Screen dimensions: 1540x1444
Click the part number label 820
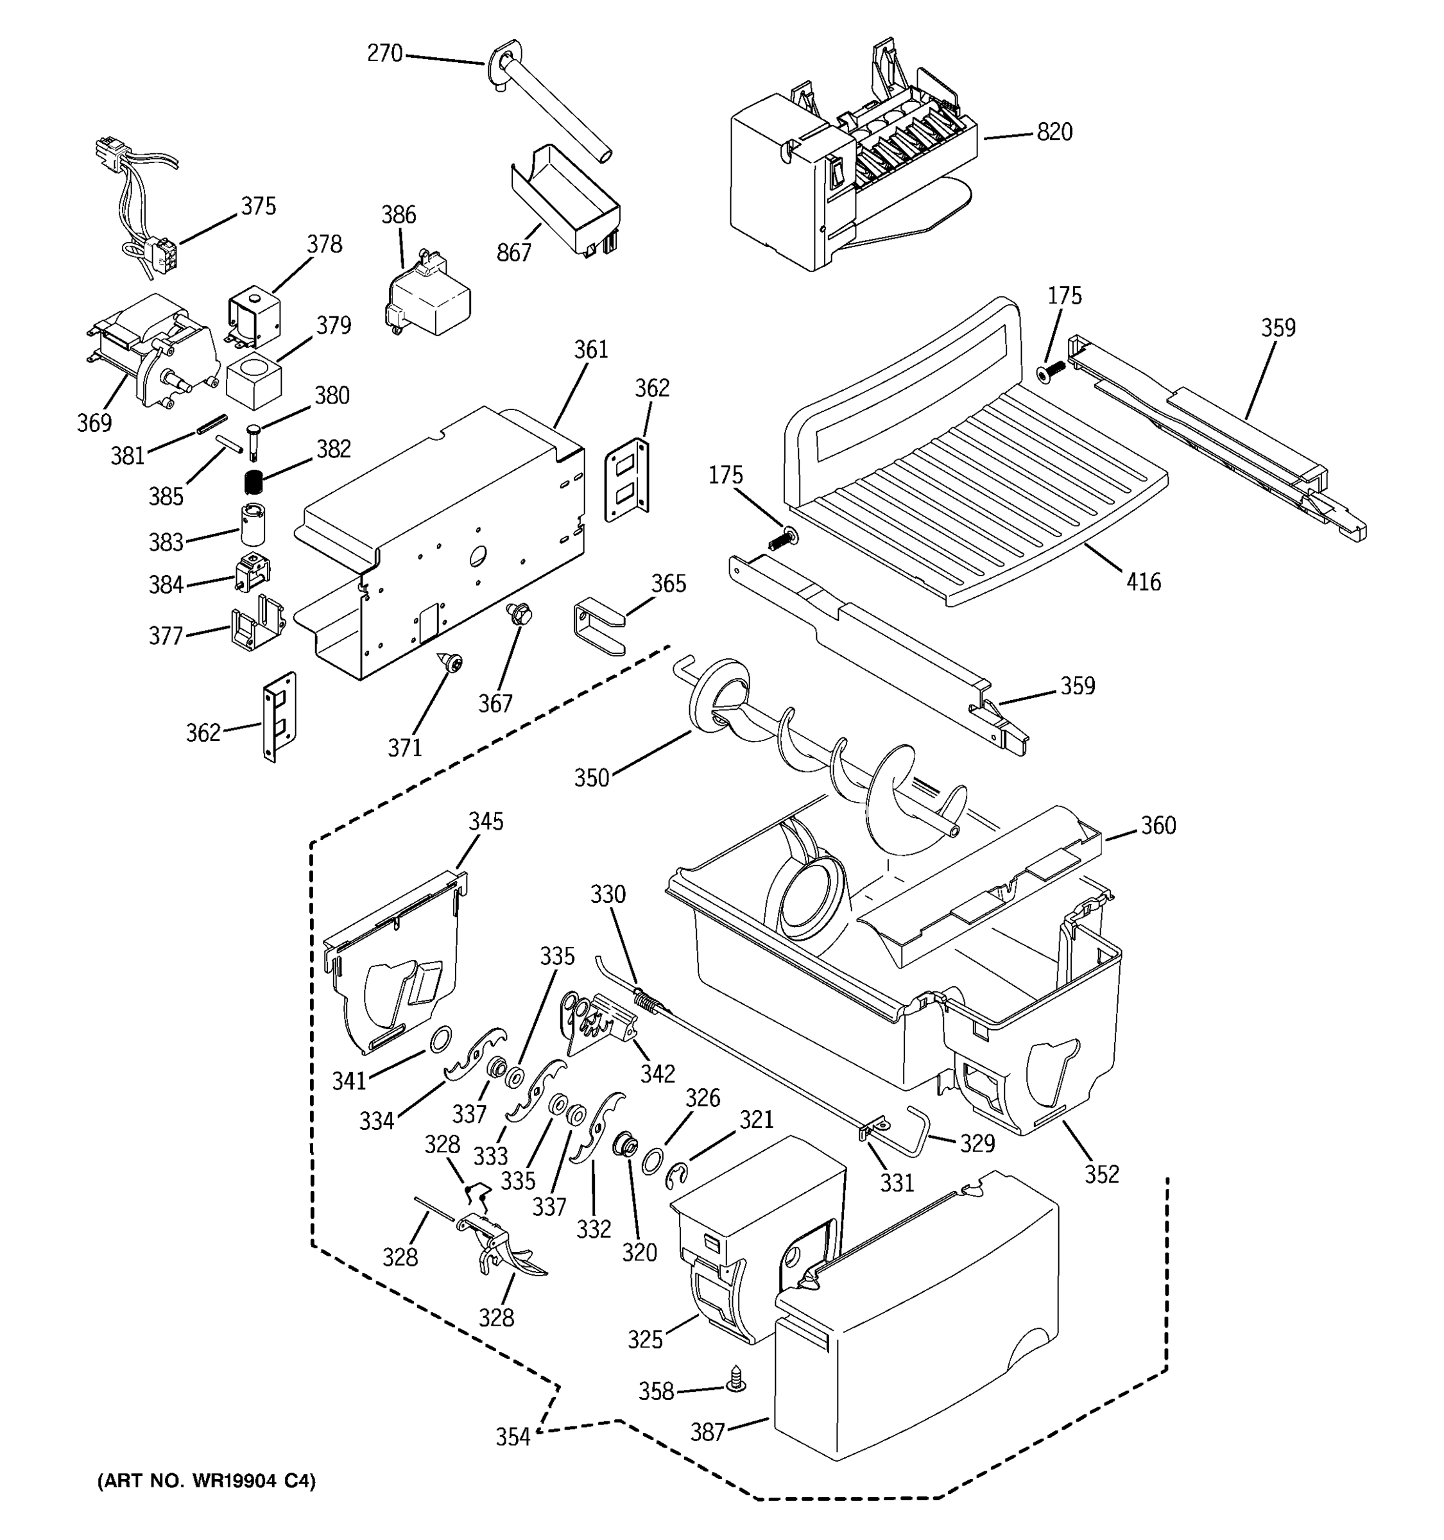1054,132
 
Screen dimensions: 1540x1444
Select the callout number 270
385,53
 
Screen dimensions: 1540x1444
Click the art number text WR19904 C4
206,1481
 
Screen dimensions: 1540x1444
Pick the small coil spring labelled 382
254,482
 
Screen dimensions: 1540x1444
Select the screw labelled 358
735,1379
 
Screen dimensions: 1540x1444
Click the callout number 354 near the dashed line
513,1436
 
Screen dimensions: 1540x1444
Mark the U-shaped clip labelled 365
598,628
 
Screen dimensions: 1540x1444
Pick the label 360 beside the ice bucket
1158,826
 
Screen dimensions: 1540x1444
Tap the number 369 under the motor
94,422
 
